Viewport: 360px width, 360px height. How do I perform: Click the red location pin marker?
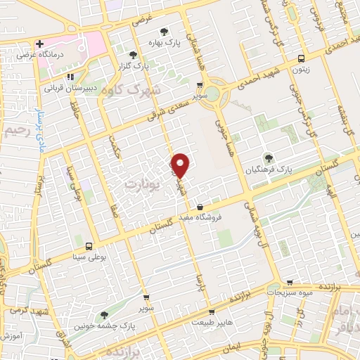[x=181, y=165]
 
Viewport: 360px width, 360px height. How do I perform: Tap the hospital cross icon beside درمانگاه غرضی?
[x=40, y=43]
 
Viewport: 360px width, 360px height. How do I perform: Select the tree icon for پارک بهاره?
[x=164, y=31]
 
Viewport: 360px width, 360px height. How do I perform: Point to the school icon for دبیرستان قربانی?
[x=70, y=77]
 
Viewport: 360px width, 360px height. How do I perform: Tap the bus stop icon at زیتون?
[x=301, y=59]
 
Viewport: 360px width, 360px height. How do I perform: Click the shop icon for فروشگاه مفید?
[x=202, y=207]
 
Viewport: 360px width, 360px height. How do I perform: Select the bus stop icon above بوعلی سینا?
[x=89, y=247]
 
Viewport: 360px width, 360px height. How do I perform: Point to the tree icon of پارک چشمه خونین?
[x=104, y=315]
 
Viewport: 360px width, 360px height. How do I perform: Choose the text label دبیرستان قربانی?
[x=69, y=89]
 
